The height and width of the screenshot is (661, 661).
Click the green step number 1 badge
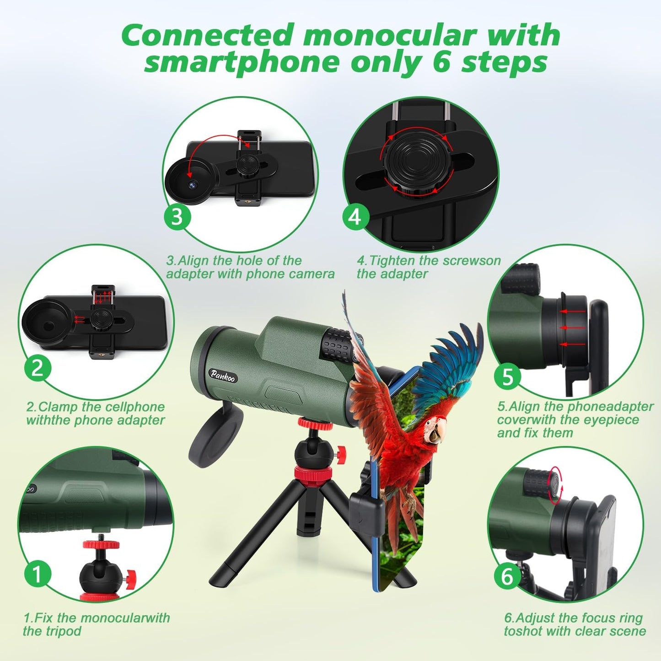[x=38, y=573]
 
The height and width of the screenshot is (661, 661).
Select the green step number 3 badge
[x=177, y=217]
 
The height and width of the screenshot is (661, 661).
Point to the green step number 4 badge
[x=356, y=217]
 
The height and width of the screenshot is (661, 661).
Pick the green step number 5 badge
[x=508, y=377]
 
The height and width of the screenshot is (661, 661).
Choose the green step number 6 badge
[x=508, y=577]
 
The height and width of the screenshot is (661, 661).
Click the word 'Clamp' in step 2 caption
[x=57, y=407]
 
